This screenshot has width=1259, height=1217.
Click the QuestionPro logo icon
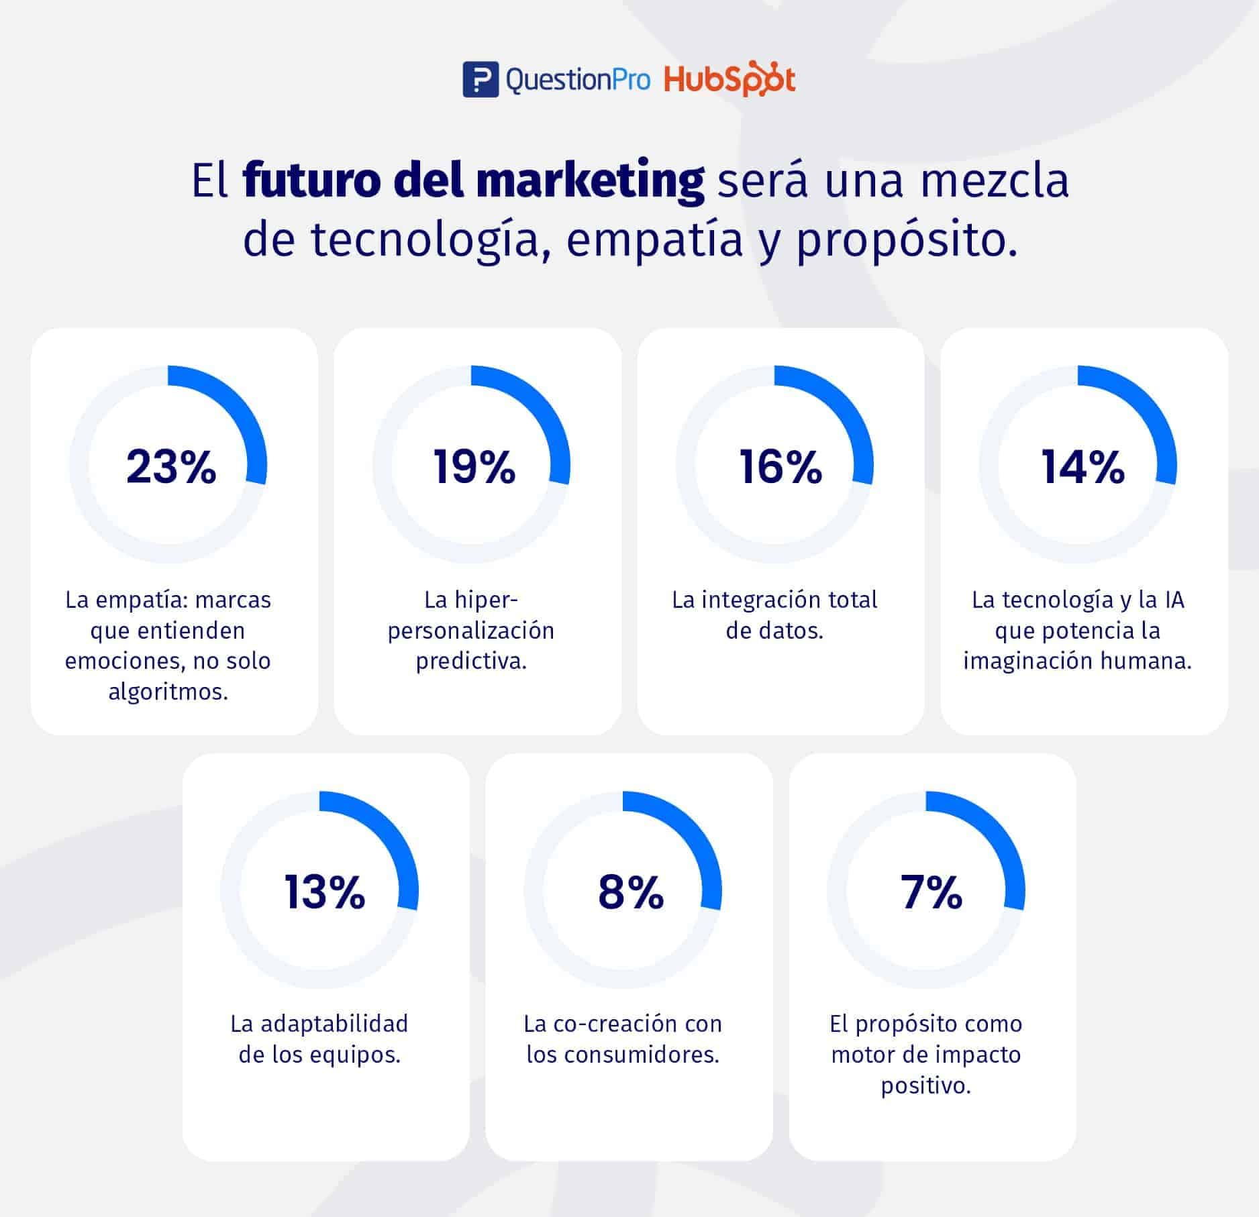[x=480, y=80]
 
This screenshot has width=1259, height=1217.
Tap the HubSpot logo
[x=729, y=80]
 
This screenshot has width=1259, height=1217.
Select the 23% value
[x=171, y=467]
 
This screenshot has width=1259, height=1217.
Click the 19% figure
[x=474, y=467]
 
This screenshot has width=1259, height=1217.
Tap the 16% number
[x=780, y=467]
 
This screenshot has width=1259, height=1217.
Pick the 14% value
[x=1082, y=467]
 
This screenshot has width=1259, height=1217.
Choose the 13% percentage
[x=325, y=892]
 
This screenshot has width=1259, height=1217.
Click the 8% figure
[x=630, y=892]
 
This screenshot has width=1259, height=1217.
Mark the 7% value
[x=931, y=892]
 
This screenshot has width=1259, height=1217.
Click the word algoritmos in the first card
[x=168, y=692]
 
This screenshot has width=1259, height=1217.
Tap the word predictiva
[x=471, y=662]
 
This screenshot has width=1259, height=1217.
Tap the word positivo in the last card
[x=926, y=1086]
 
